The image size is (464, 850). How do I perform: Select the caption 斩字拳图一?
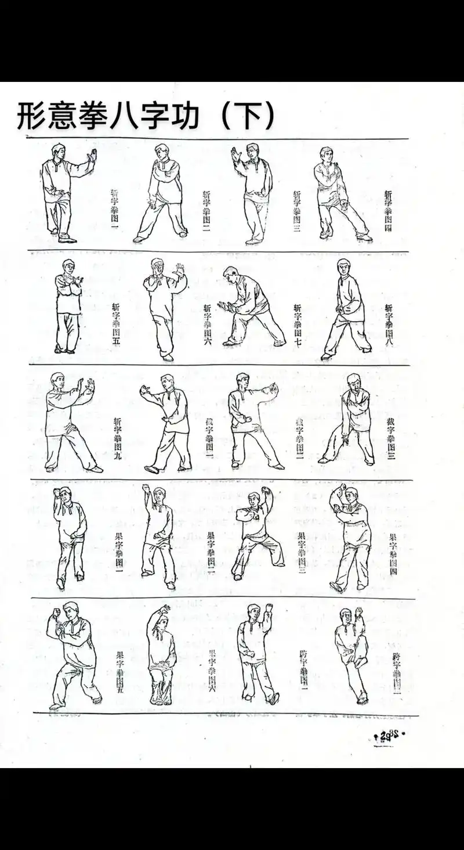(x=115, y=210)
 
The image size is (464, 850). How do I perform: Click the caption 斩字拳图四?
(x=388, y=211)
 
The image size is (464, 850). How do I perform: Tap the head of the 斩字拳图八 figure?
(x=344, y=268)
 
